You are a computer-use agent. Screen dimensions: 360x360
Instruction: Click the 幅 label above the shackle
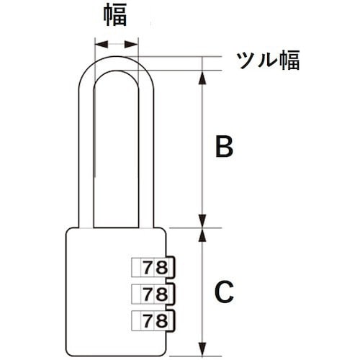[x=115, y=15]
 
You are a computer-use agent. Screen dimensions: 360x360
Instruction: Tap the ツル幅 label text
[x=268, y=60]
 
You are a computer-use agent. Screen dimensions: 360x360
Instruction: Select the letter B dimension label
[x=224, y=146]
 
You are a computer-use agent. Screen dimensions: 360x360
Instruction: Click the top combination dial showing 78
[x=153, y=267]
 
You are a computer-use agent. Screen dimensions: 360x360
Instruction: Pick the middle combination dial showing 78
[x=153, y=294]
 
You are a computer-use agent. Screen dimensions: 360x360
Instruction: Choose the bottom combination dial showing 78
[x=153, y=320]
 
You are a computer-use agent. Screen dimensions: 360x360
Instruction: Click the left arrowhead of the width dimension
[x=102, y=45]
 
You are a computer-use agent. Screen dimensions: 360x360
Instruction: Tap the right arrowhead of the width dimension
[x=131, y=45]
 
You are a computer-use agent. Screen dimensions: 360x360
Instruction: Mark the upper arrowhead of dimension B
[x=203, y=78]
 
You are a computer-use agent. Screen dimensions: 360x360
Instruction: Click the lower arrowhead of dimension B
[x=203, y=221]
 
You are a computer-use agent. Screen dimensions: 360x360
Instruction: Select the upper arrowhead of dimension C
[x=203, y=235]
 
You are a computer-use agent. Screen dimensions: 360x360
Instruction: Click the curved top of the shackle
[x=117, y=63]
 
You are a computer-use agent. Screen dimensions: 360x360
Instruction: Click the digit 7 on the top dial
[x=148, y=267]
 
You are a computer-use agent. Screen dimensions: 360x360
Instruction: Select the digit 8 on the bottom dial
[x=161, y=320]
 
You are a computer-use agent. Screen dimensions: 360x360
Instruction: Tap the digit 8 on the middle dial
[x=161, y=294]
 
